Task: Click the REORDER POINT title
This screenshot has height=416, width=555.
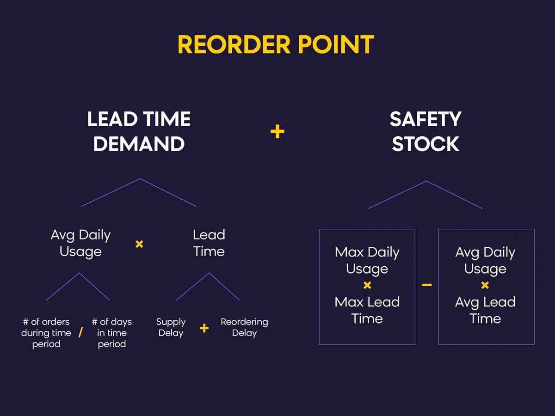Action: pyautogui.click(x=276, y=45)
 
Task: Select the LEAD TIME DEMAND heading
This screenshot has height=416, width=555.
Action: pyautogui.click(x=139, y=132)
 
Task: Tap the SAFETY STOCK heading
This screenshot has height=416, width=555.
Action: pyautogui.click(x=425, y=132)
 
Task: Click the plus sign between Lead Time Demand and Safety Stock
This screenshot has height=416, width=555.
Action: pyautogui.click(x=277, y=132)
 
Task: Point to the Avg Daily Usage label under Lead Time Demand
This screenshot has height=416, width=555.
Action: pyautogui.click(x=80, y=243)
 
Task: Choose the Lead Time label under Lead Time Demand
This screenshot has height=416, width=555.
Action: pyautogui.click(x=209, y=243)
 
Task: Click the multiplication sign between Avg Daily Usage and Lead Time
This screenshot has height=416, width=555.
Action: pyautogui.click(x=139, y=244)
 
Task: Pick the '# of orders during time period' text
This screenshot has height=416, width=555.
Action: pyautogui.click(x=46, y=333)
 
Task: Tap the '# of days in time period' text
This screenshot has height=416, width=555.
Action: pyautogui.click(x=111, y=333)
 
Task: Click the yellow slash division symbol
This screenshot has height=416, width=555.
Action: pyautogui.click(x=80, y=333)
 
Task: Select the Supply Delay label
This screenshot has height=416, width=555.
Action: pyautogui.click(x=171, y=327)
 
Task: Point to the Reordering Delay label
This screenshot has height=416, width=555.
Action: pyautogui.click(x=244, y=327)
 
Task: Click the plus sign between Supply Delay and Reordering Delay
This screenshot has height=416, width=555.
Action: pyautogui.click(x=204, y=328)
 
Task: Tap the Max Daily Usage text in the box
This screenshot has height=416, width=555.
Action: pyautogui.click(x=367, y=260)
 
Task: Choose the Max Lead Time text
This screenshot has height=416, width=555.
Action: pyautogui.click(x=367, y=310)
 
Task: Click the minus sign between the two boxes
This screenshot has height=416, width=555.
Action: pyautogui.click(x=426, y=285)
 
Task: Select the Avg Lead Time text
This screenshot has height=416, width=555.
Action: pyautogui.click(x=485, y=310)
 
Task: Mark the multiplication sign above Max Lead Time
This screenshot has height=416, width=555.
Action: pyautogui.click(x=367, y=285)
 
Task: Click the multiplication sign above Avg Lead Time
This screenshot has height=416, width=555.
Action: pyautogui.click(x=485, y=285)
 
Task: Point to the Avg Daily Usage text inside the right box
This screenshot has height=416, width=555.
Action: pyautogui.click(x=485, y=260)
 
